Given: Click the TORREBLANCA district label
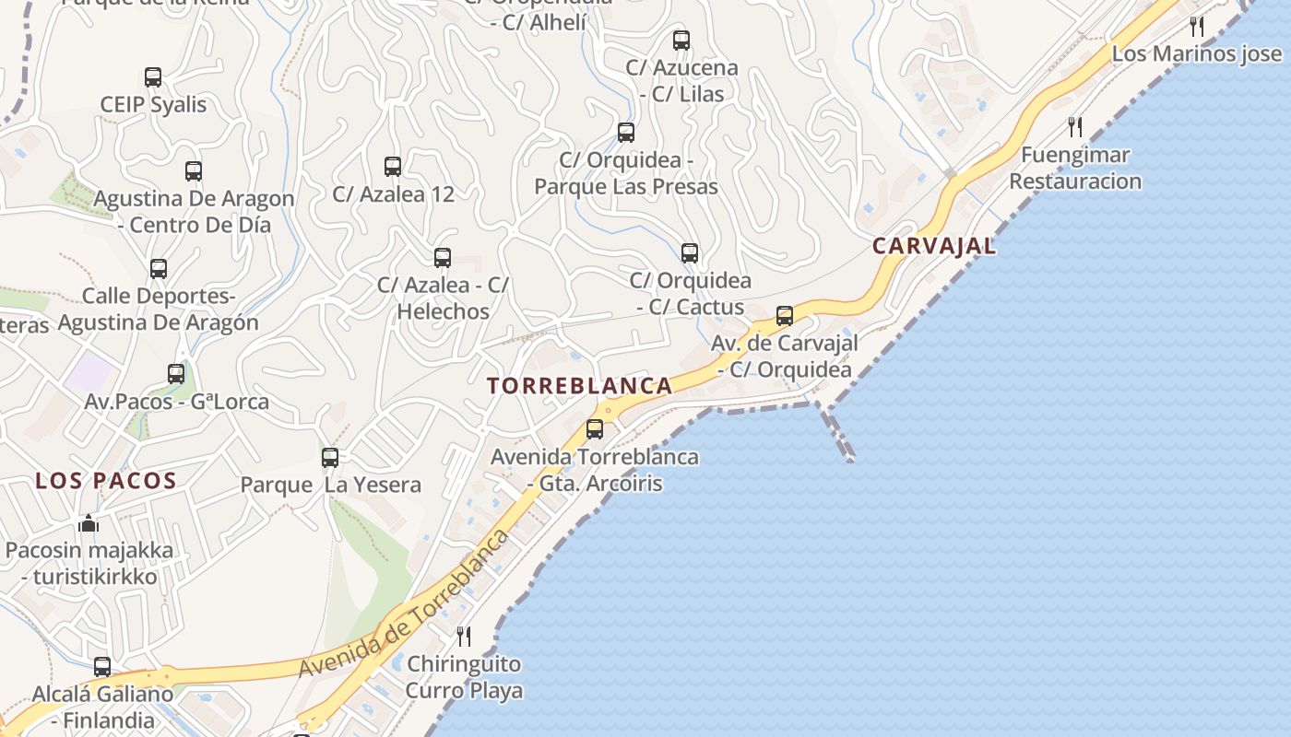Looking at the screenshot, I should [579, 386].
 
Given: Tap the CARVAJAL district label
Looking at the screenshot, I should [933, 246].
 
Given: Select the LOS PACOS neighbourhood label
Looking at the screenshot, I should [105, 480].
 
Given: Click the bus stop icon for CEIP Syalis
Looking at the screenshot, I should [153, 77].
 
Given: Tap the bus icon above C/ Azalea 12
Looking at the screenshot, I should [393, 167].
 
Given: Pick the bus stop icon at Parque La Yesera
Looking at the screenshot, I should [330, 457].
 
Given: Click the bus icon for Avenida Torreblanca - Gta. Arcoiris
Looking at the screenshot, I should [595, 428].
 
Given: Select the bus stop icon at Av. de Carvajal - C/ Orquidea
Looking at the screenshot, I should [785, 316].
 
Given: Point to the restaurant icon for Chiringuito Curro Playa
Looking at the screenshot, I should [464, 636].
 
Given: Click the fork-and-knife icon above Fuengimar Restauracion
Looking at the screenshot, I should [1075, 126].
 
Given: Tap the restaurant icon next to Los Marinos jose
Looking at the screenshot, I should [1197, 26].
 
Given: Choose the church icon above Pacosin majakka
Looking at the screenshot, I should [89, 523].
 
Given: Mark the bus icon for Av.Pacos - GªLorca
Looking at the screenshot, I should [176, 374].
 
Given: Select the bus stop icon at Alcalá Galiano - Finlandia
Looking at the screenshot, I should [102, 666].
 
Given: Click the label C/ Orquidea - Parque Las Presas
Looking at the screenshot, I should [626, 173].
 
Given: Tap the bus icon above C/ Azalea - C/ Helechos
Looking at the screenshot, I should [443, 258].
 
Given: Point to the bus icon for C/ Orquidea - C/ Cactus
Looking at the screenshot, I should [690, 253].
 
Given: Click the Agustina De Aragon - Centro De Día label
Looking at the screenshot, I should [194, 211].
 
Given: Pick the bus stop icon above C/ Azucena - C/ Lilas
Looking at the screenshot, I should [681, 41].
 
